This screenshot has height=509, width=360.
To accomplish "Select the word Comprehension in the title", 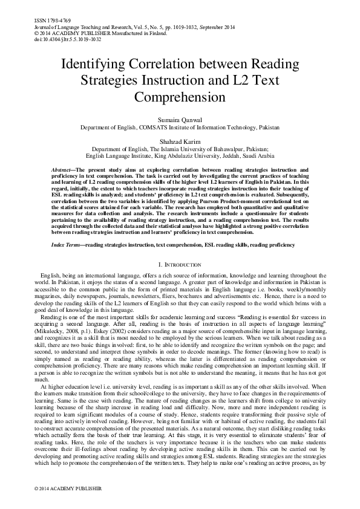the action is coord(180,97).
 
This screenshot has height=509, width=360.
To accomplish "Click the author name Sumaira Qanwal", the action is coord(180,121).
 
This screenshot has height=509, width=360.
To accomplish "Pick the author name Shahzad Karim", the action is coord(180,140).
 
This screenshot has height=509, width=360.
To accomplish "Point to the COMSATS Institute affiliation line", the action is coord(180,128).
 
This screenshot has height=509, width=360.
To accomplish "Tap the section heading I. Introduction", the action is coord(180,265).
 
